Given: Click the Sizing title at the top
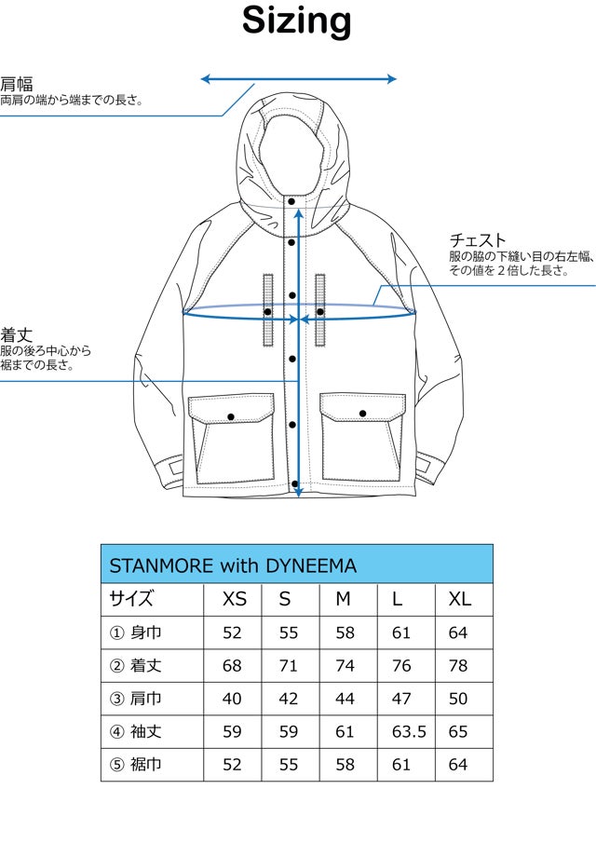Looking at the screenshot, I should [x=297, y=20].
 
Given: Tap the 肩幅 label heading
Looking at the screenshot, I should [x=17, y=84].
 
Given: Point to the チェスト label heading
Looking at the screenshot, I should [x=478, y=240].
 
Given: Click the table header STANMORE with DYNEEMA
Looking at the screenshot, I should [x=233, y=565].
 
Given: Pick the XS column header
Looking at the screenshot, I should [x=234, y=599].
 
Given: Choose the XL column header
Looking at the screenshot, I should [x=460, y=599].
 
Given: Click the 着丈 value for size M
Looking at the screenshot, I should [x=345, y=666].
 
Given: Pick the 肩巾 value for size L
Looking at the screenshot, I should [x=401, y=699].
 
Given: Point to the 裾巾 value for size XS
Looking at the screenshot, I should [x=232, y=765].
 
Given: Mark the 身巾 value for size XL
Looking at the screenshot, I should [x=457, y=632].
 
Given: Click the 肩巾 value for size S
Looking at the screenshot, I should [x=289, y=699].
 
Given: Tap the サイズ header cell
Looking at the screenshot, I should [x=131, y=599].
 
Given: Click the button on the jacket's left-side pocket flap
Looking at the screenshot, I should [x=231, y=415].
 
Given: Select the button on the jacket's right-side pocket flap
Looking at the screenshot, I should [x=362, y=413].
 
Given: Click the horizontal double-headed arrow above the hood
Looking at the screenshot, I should [x=299, y=79].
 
